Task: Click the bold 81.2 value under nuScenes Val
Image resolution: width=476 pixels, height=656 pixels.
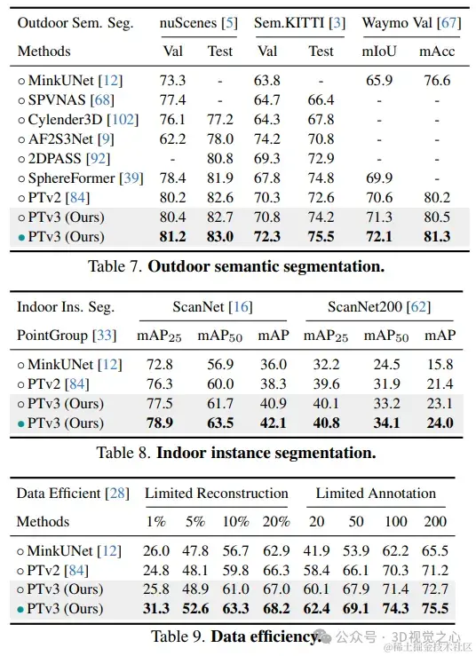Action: (172, 237)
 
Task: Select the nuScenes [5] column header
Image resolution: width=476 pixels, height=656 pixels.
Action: (197, 22)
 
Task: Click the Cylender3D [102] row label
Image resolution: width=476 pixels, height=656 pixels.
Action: (67, 120)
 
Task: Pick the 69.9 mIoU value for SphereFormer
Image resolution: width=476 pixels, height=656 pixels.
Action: (377, 178)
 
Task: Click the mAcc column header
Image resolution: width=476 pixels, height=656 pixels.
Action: (435, 51)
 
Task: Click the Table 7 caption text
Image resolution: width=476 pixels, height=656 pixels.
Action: (237, 265)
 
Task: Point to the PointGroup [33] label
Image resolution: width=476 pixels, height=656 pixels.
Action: (63, 336)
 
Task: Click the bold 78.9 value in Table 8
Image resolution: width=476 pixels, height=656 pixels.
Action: (159, 423)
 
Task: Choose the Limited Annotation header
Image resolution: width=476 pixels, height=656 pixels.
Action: (377, 493)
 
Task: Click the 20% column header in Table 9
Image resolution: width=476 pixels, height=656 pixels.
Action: (276, 522)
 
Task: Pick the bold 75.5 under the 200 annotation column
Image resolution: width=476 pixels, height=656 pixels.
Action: (434, 609)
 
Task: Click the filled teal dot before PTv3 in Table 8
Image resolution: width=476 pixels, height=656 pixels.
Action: (21, 424)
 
